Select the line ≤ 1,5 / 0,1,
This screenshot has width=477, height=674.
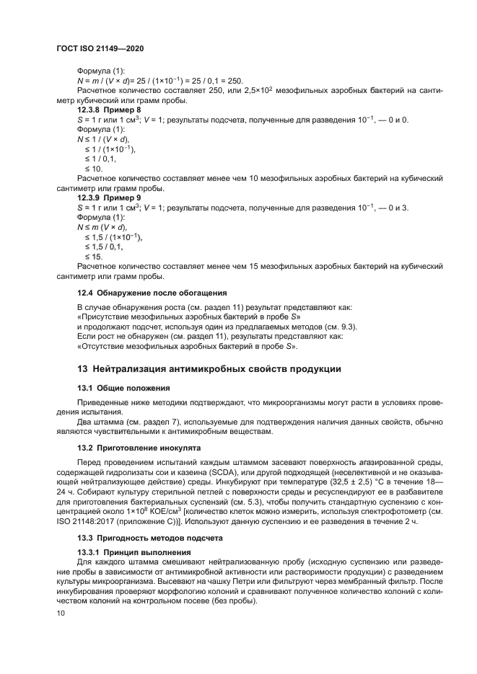(x=104, y=246)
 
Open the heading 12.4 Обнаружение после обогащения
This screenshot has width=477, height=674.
(x=152, y=293)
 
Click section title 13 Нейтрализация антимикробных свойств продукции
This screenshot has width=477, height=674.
(x=209, y=369)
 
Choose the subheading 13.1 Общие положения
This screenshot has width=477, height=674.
(x=123, y=387)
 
